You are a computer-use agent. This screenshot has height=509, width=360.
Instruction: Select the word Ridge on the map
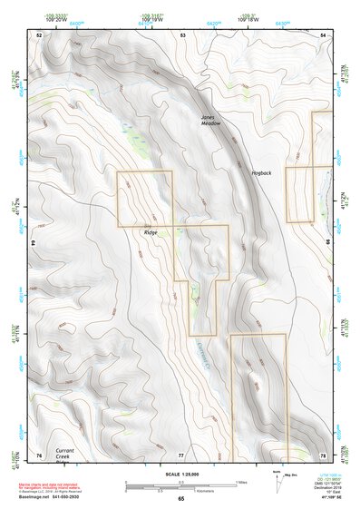point(150,232)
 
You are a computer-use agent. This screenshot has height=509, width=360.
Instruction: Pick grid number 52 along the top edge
point(39,34)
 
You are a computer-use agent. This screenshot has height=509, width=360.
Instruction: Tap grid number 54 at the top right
point(324,34)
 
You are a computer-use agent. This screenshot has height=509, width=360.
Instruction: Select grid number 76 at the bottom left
point(39,454)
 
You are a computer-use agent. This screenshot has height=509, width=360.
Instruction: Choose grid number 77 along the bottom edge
point(181,454)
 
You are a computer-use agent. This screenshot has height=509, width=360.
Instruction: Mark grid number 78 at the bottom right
point(323,454)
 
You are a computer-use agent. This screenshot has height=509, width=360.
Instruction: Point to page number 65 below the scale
point(181,499)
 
